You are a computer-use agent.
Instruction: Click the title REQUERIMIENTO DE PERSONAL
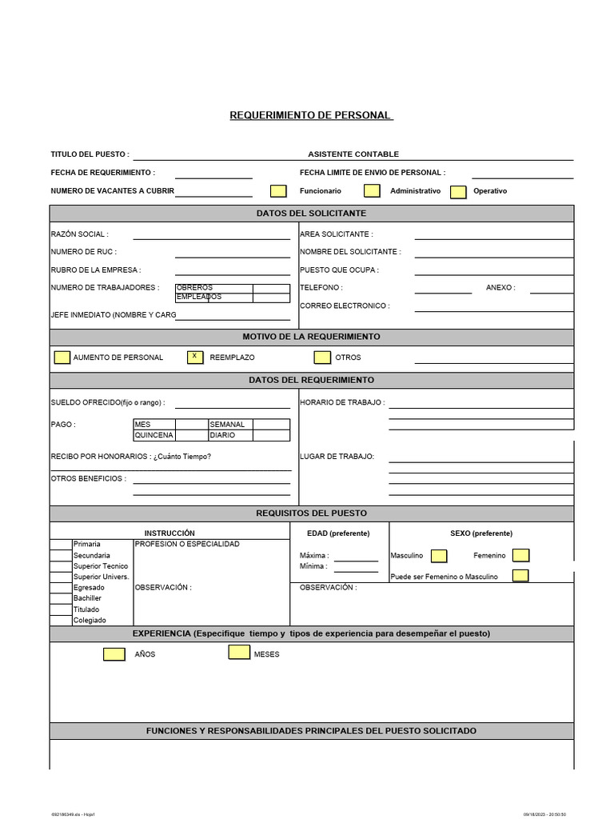click(311, 115)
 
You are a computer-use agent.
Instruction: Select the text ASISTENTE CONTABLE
click(353, 154)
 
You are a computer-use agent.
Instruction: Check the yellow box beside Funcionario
click(278, 191)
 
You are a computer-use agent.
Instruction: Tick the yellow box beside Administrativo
click(372, 190)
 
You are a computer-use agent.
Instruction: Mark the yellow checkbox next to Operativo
click(458, 192)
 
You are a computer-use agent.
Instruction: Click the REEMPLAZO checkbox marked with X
click(194, 357)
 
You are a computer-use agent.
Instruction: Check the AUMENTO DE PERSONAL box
click(62, 358)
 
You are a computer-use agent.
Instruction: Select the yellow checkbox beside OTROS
click(322, 358)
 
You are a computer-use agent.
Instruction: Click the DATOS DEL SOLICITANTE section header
click(311, 214)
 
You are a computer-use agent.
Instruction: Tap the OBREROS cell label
click(194, 288)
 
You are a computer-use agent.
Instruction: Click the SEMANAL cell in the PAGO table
click(227, 425)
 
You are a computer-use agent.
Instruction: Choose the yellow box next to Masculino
click(439, 555)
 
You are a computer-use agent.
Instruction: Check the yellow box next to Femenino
click(520, 555)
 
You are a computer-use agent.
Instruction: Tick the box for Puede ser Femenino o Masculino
click(520, 575)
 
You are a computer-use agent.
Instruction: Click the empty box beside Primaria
click(61, 545)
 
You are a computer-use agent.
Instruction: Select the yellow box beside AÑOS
click(114, 654)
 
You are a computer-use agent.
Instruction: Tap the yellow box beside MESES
click(239, 652)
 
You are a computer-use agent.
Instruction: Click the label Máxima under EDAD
click(313, 556)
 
